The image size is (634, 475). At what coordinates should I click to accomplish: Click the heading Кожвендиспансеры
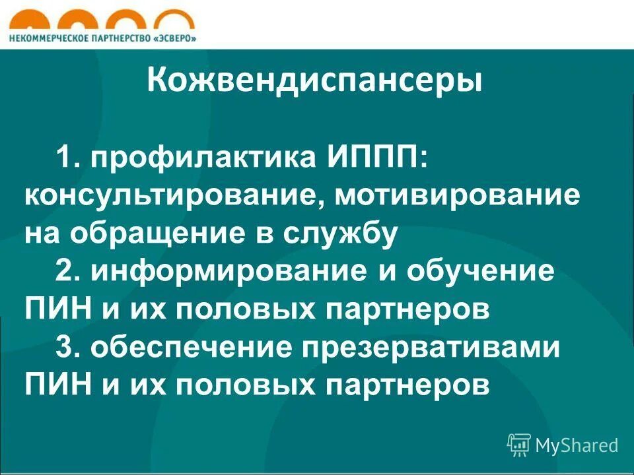point(314,80)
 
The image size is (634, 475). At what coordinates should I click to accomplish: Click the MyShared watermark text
point(577,445)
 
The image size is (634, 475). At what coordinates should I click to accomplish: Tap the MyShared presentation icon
point(518,445)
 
